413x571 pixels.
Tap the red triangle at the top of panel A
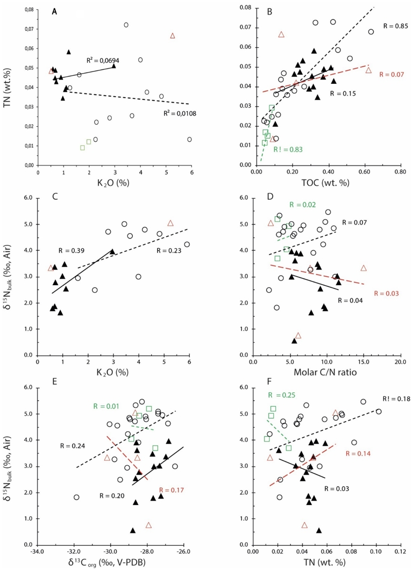click(x=173, y=35)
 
